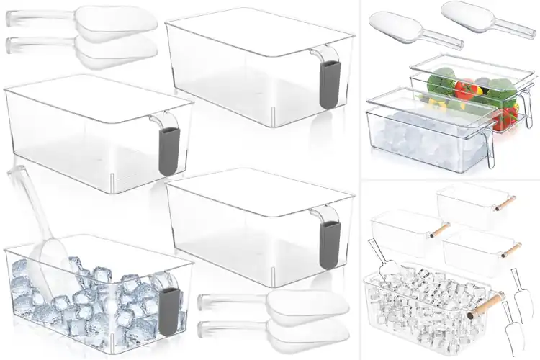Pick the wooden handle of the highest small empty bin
click(507, 204)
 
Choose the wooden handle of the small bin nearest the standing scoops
click(512, 250)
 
